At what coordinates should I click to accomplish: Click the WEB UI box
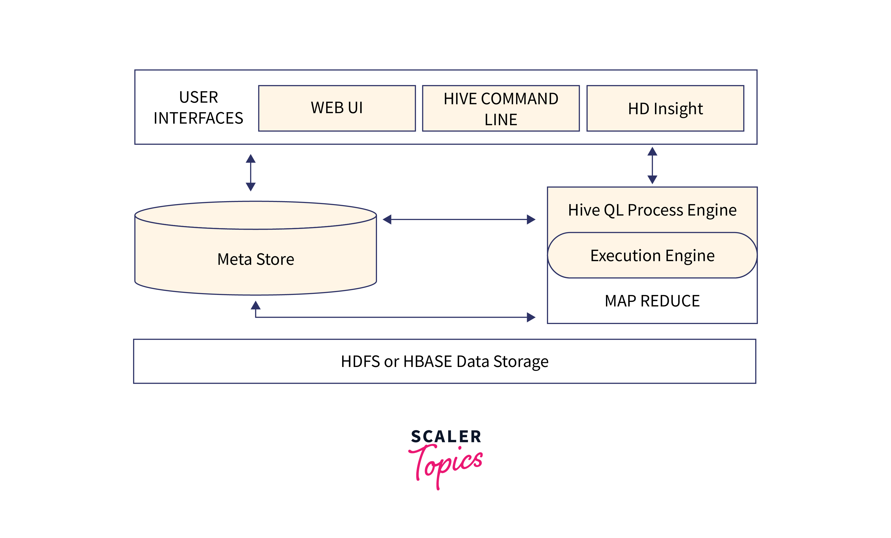point(337,108)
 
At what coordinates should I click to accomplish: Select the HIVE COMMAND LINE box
point(501,108)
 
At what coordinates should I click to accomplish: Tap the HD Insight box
point(665,108)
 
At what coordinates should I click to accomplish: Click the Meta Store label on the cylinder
point(256,259)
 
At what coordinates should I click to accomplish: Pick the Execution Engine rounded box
point(652,255)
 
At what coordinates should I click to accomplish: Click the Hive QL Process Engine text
point(652,210)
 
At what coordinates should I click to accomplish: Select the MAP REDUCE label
point(652,301)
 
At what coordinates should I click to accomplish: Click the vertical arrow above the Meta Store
point(251,172)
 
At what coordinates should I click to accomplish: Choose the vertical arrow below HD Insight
point(652,165)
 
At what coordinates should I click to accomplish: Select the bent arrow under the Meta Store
point(394,317)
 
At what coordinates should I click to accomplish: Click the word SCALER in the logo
point(446,437)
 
